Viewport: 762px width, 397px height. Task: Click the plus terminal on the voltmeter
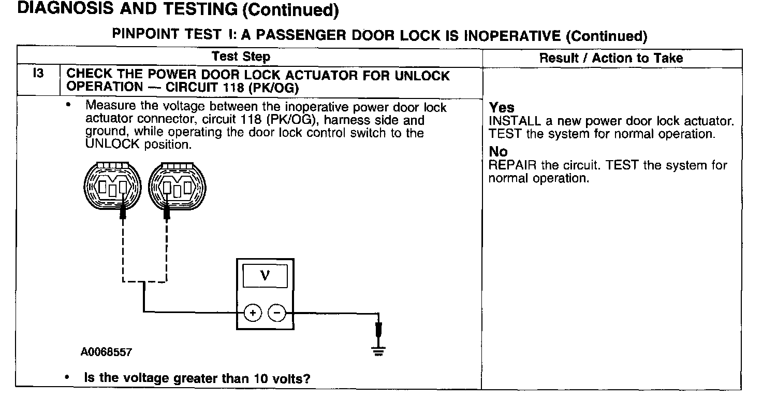click(253, 313)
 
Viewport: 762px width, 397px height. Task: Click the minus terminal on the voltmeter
click(277, 313)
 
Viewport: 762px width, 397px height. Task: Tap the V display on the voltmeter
click(265, 275)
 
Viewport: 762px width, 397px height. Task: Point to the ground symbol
click(378, 351)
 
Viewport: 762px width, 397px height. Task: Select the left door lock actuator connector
click(112, 186)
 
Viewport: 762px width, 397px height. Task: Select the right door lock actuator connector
click(177, 186)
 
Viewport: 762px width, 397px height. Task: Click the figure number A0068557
click(106, 352)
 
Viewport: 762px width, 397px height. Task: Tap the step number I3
click(38, 73)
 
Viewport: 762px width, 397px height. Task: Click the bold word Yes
click(502, 108)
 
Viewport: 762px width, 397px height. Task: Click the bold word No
click(498, 151)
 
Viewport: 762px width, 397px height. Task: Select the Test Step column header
click(241, 56)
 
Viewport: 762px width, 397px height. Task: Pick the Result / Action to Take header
click(611, 58)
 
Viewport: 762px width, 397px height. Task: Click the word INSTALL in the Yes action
click(515, 121)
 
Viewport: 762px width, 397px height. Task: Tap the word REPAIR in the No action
click(512, 165)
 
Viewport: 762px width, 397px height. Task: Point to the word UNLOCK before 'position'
click(112, 144)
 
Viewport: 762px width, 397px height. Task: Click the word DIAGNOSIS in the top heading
click(65, 8)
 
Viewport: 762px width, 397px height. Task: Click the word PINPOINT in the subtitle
click(145, 34)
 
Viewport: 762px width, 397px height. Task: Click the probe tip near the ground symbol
click(378, 330)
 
